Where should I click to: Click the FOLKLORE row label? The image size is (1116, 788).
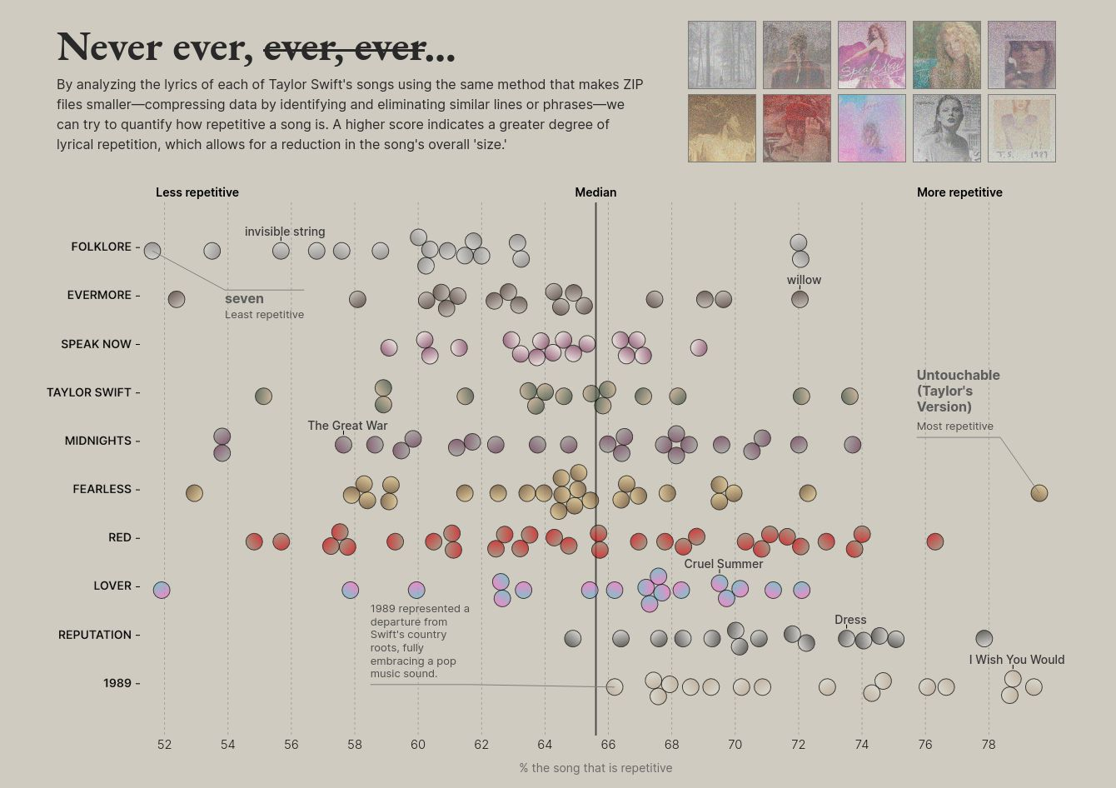click(101, 247)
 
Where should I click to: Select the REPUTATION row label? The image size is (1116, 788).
click(94, 635)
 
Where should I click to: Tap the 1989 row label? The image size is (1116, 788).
click(117, 683)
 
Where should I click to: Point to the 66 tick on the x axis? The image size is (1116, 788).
click(608, 744)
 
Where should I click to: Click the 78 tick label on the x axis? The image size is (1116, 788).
click(989, 744)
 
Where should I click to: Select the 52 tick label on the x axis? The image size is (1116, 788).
click(164, 744)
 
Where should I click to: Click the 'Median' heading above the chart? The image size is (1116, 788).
click(595, 192)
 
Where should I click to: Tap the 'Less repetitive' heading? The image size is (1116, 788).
click(197, 192)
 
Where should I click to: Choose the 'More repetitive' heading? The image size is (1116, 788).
click(959, 192)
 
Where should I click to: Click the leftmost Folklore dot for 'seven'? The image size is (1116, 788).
click(152, 250)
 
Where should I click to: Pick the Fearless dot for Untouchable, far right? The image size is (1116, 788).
click(1039, 492)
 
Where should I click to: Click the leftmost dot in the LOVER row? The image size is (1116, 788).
click(162, 590)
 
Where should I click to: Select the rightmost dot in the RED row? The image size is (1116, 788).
click(934, 541)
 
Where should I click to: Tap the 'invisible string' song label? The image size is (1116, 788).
click(285, 232)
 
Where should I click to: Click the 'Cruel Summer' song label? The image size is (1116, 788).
click(724, 564)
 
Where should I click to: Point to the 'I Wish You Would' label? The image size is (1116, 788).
click(1016, 660)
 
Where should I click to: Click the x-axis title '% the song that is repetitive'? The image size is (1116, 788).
click(595, 768)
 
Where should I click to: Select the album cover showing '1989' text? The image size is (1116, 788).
click(1021, 128)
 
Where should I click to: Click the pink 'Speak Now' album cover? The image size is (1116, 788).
click(871, 55)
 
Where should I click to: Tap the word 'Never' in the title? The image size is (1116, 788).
click(108, 47)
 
